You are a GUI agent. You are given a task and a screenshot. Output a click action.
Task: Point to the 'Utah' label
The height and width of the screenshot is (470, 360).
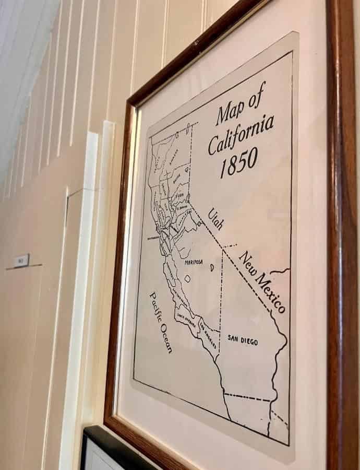215,219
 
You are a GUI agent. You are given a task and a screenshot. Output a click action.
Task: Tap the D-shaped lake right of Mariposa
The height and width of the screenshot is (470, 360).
212,267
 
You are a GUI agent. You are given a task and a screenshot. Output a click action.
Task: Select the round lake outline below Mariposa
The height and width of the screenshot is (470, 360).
187,279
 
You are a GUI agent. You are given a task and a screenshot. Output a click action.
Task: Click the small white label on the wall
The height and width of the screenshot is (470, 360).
21,260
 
